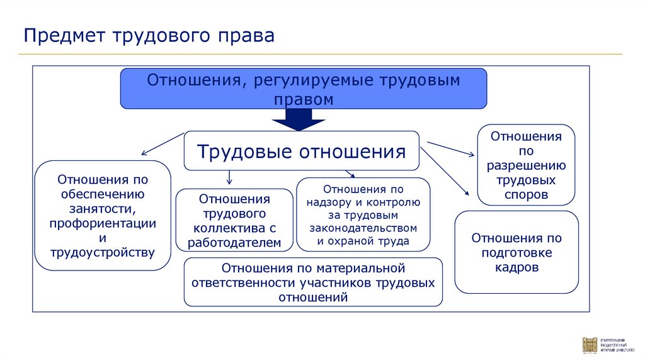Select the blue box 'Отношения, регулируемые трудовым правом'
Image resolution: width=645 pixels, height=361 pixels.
click(x=303, y=89)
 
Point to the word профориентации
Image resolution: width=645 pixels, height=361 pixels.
click(x=103, y=223)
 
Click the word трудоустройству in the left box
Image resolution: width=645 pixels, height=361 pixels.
click(x=103, y=253)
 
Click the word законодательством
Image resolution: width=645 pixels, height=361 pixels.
click(x=363, y=227)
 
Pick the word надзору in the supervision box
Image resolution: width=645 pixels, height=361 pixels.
click(x=330, y=202)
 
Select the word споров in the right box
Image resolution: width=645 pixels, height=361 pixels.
click(x=526, y=195)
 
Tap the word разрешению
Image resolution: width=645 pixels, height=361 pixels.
click(x=526, y=166)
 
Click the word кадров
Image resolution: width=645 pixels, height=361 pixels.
click(x=517, y=267)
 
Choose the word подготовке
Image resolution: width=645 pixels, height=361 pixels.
click(x=517, y=253)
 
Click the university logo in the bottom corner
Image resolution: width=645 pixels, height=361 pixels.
click(x=590, y=345)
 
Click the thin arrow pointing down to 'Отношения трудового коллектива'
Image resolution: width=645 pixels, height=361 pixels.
click(x=229, y=177)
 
